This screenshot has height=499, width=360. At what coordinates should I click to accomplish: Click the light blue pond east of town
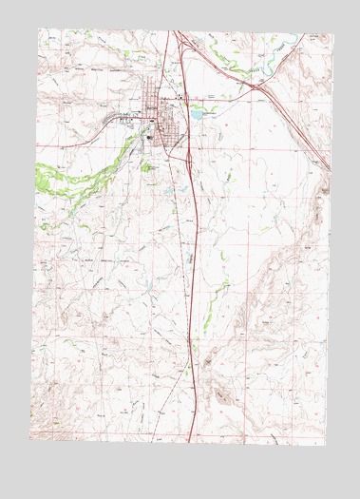click(x=196, y=112)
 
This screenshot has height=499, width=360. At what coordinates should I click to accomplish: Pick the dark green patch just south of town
click(x=147, y=167)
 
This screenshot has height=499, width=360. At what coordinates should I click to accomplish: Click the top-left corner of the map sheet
click(x=39, y=29)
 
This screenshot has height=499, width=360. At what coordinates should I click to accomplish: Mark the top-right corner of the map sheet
click(x=333, y=35)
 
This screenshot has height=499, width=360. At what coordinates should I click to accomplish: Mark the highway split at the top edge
click(x=174, y=32)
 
